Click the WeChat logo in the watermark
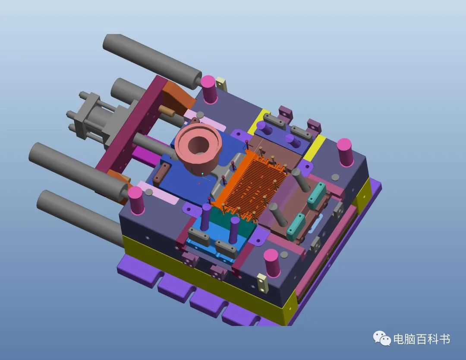382,338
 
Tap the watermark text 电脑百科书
422,339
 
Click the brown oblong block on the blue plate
161,172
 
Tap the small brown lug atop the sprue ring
195,121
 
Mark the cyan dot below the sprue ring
202,173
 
